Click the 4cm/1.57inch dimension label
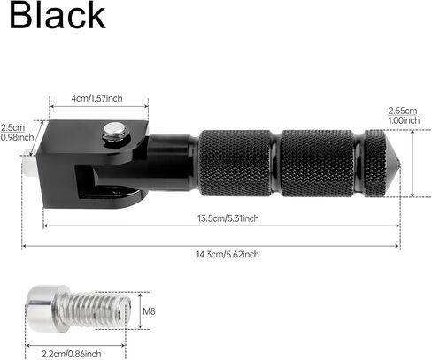click(97, 98)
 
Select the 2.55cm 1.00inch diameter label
click(402, 115)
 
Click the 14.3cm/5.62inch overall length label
click(228, 254)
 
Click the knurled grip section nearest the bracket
click(234, 163)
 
